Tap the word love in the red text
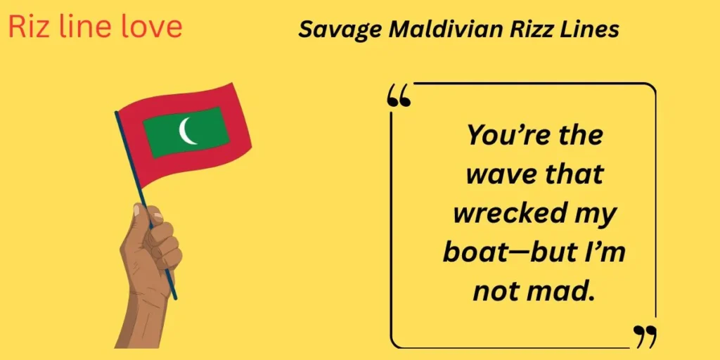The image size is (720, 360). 151,26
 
